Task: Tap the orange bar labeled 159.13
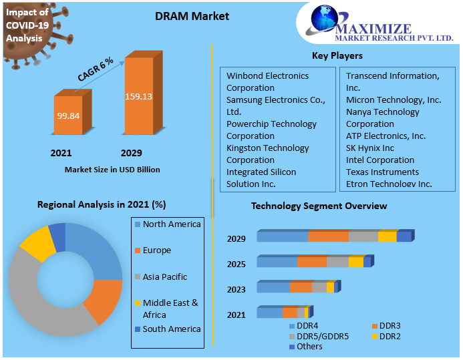coord(138,97)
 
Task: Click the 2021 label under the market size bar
coord(61,153)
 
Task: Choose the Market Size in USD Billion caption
coord(112,170)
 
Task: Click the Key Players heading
coord(337,55)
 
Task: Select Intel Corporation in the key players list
coord(379,160)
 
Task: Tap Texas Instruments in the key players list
coord(382,172)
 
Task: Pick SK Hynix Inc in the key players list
coord(370,148)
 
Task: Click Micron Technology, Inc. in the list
coord(394,100)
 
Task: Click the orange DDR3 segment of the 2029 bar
coord(328,236)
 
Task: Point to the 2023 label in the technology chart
coord(237,289)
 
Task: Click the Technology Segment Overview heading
coord(319,206)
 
